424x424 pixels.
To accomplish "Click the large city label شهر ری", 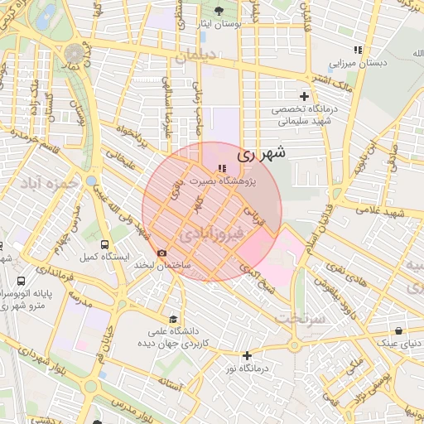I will coord(261,153).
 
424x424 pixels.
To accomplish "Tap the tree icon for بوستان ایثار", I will coord(219,11).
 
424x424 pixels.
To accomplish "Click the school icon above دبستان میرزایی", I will coord(358,50).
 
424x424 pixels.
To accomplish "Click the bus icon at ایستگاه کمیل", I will coord(105,244).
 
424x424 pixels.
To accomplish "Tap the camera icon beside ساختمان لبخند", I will coord(161,253).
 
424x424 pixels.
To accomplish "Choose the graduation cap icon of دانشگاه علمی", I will coord(172,319).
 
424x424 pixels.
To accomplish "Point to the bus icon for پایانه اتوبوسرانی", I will coord(20,281).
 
